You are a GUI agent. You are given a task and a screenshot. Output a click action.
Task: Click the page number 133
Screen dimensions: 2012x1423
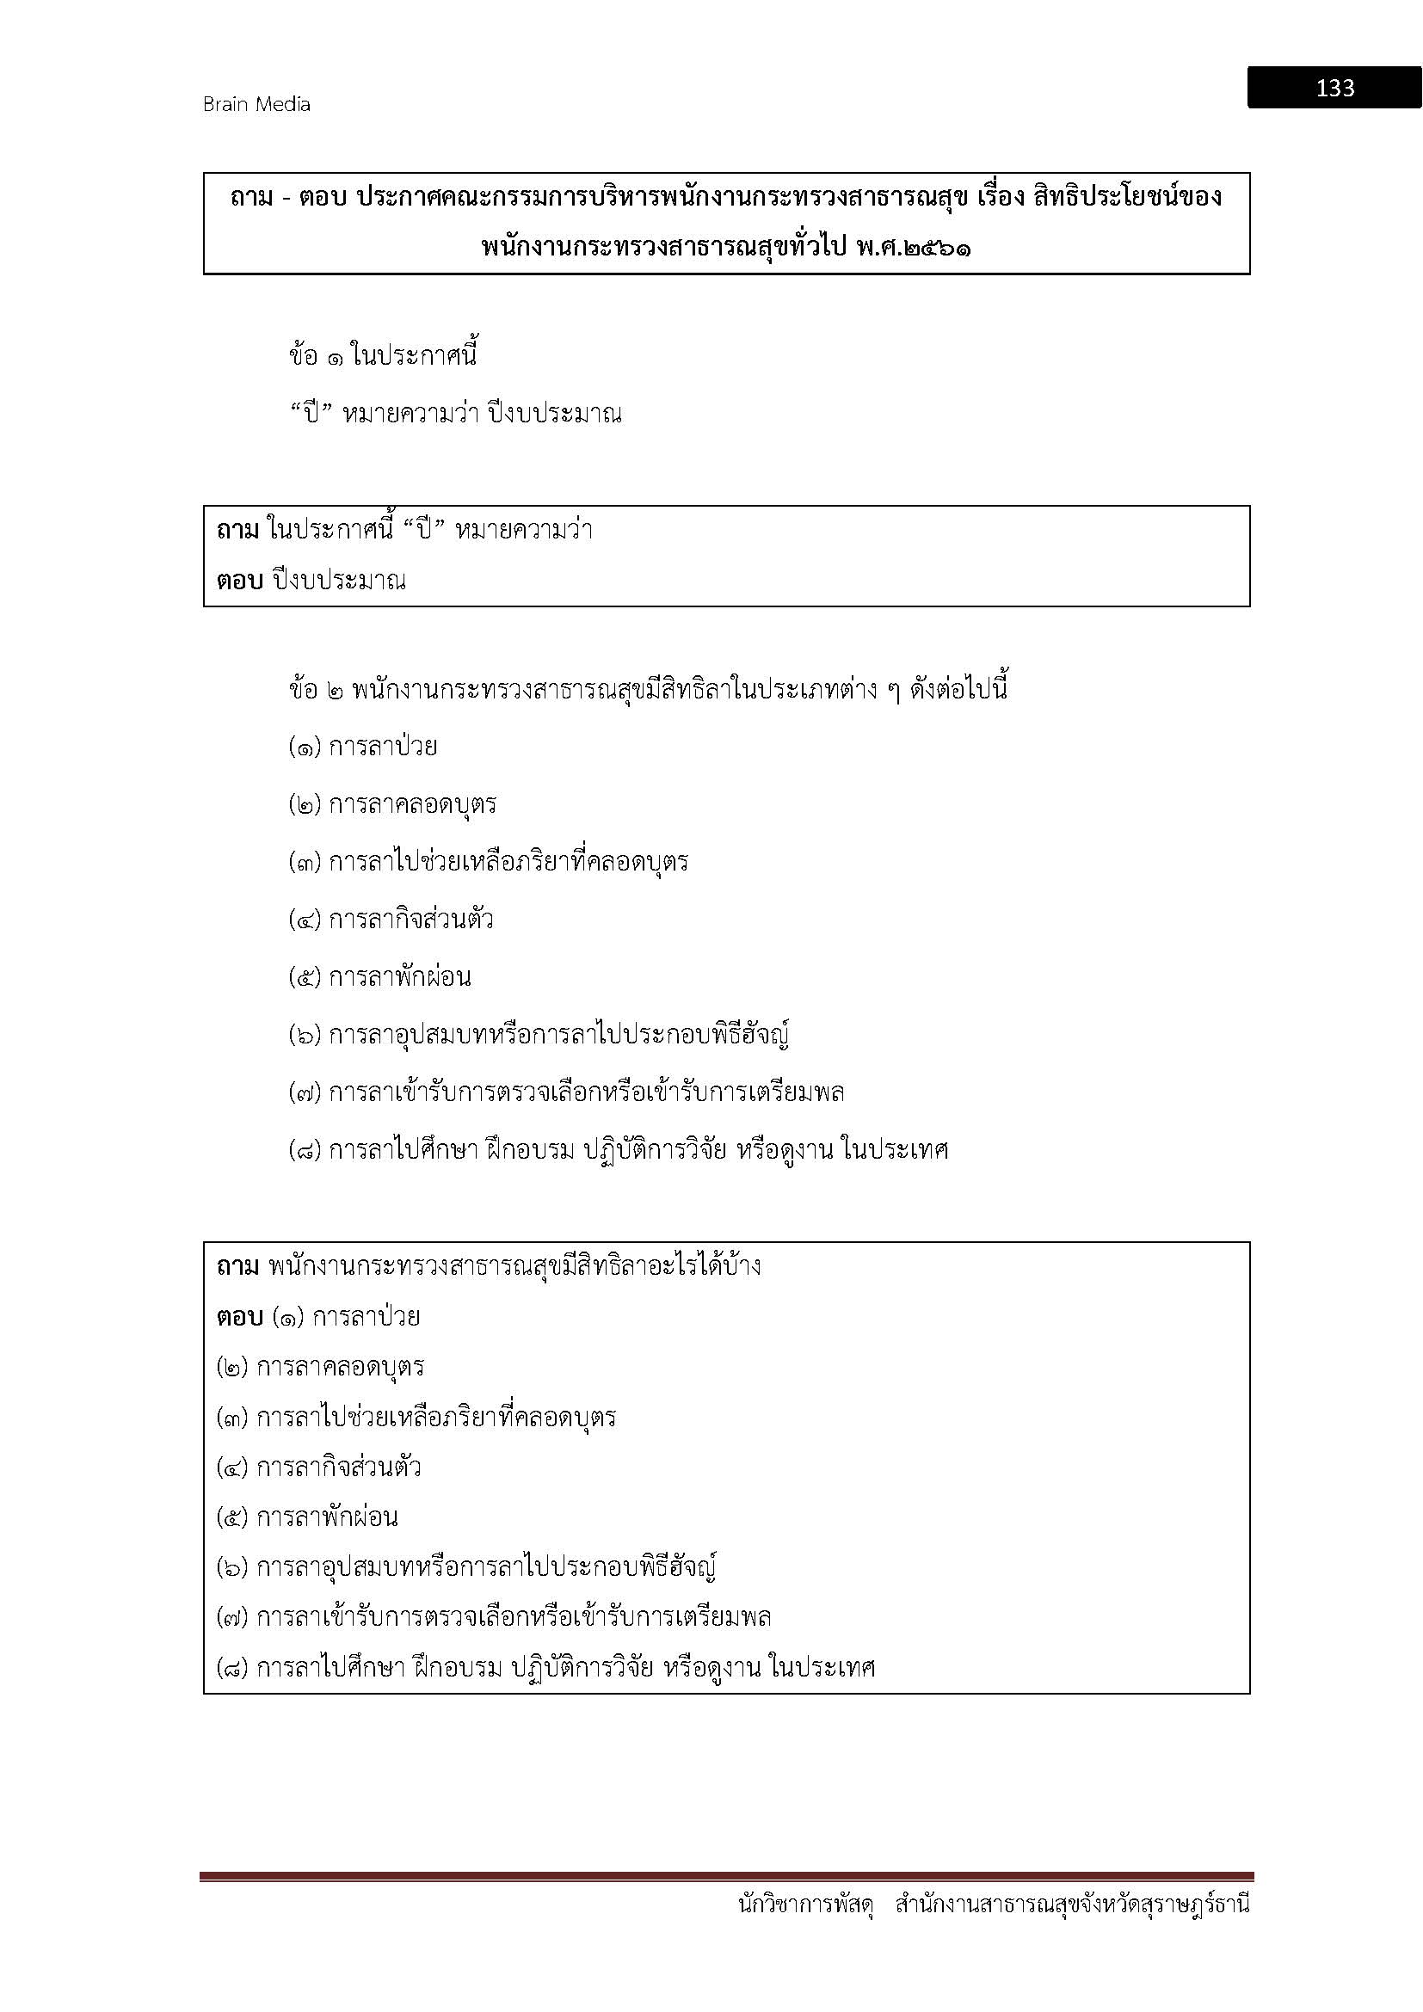tap(1334, 88)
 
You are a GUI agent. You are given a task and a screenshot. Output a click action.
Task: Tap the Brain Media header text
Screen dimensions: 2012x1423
tap(256, 104)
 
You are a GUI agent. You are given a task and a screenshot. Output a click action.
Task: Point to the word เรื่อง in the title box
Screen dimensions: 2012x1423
tap(996, 198)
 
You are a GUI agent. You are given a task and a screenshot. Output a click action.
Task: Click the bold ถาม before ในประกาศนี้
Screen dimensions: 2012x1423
tap(237, 530)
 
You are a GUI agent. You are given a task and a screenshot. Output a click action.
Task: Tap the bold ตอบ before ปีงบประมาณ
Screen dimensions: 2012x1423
tap(239, 581)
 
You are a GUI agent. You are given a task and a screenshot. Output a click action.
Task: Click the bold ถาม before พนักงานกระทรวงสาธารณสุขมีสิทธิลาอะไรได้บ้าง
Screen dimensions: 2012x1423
tap(237, 1266)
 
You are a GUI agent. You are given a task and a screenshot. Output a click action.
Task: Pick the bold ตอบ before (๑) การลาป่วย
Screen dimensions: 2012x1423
tap(239, 1317)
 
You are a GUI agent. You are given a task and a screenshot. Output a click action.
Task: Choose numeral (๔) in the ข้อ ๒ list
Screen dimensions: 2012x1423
tap(305, 920)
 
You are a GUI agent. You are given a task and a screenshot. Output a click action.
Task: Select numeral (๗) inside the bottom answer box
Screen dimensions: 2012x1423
tap(233, 1618)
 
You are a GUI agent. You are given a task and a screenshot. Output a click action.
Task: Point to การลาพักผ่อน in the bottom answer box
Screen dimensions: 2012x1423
tap(327, 1517)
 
